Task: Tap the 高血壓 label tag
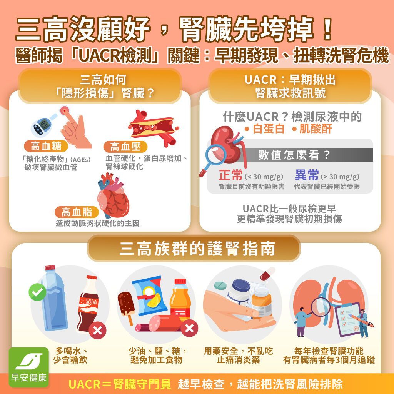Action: (122, 147)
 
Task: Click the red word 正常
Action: (230, 175)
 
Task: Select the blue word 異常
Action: (307, 175)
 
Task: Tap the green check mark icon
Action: (37, 292)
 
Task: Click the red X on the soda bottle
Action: (98, 330)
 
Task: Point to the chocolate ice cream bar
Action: (127, 306)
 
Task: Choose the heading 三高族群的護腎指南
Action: (197, 249)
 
